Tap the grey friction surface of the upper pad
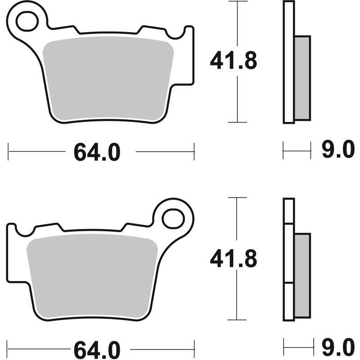108,79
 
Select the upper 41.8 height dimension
233,61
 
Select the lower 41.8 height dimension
233,259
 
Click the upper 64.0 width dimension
97,152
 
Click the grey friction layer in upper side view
303,77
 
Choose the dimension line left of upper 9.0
297,151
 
